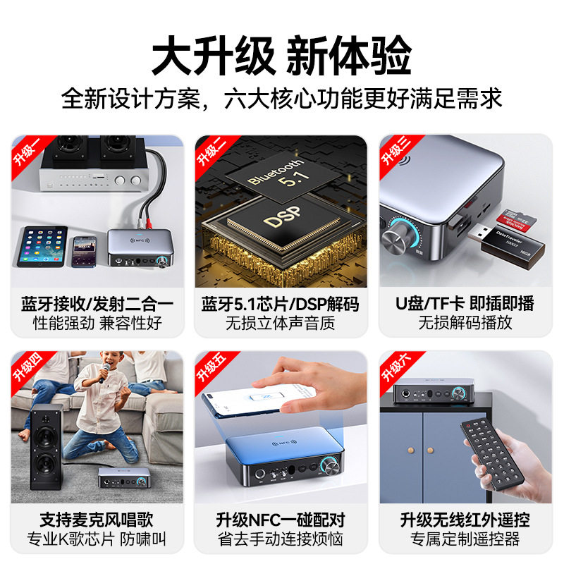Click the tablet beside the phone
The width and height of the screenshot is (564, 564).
[42, 246]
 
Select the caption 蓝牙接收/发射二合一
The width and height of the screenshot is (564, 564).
[97, 305]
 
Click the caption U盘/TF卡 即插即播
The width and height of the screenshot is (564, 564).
[466, 305]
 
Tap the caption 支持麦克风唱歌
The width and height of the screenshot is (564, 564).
[97, 520]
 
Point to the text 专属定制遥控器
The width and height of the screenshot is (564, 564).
[466, 540]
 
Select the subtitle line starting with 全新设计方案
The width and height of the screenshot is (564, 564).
[281, 98]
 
